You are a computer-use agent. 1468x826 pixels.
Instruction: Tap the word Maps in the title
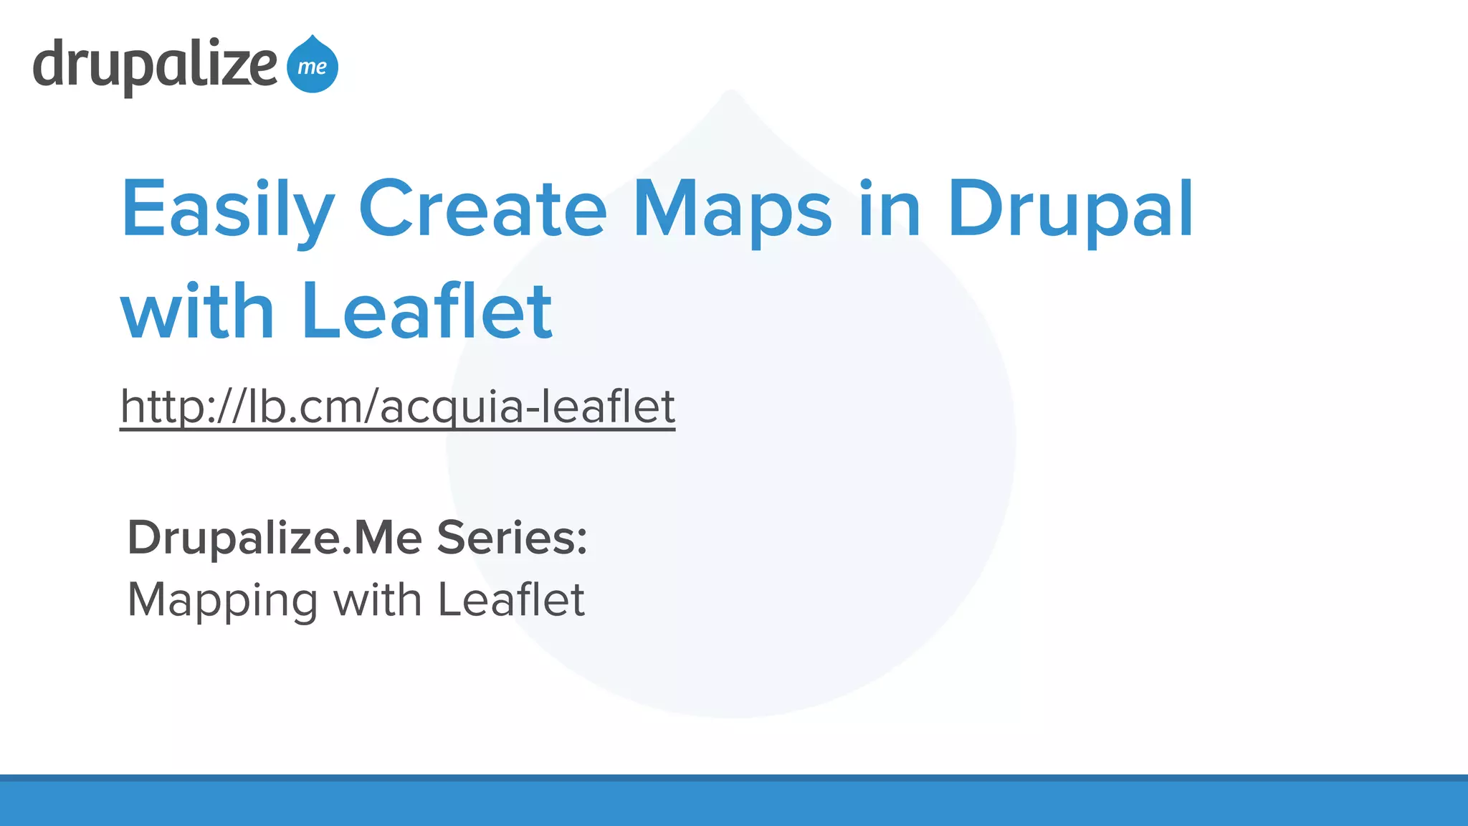733,209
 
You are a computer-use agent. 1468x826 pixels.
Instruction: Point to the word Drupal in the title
1070,209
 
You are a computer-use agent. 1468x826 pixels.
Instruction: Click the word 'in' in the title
890,209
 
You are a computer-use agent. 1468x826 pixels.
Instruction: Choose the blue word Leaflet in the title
427,311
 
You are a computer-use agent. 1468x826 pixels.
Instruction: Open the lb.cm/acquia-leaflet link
397,407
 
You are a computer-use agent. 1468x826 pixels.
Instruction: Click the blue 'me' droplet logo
313,66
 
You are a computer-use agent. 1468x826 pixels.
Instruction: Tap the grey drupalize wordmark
155,65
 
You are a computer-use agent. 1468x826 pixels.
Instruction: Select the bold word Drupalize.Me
275,538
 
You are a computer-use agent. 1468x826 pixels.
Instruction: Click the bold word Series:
512,538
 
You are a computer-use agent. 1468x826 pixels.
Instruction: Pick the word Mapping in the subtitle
222,599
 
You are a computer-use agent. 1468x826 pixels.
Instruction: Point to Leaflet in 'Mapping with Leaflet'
511,599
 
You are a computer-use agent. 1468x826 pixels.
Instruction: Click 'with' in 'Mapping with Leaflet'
378,599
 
